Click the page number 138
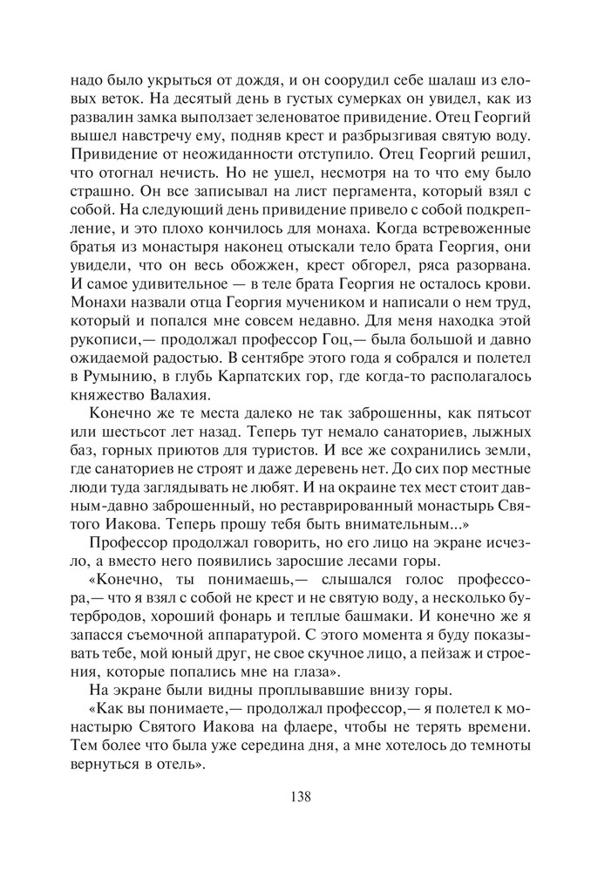click(295, 795)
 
